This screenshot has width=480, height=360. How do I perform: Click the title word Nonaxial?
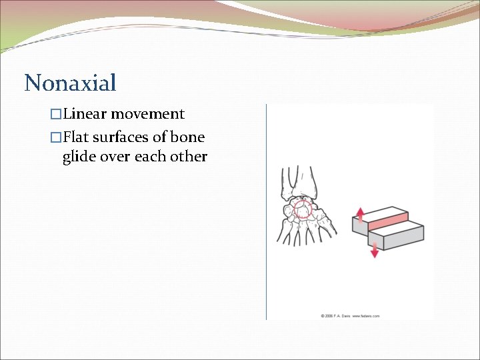click(x=70, y=83)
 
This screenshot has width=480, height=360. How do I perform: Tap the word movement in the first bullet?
click(x=147, y=114)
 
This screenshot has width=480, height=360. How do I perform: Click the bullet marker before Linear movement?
click(x=56, y=115)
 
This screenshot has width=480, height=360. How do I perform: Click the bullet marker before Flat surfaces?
click(x=56, y=138)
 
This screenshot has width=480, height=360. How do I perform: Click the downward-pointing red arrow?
click(x=374, y=250)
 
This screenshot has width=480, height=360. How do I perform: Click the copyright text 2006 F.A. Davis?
click(x=336, y=315)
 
